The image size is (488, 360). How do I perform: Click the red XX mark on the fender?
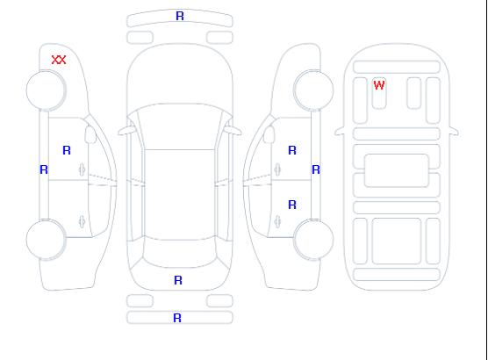click(59, 60)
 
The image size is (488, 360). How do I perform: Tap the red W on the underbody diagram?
click(379, 85)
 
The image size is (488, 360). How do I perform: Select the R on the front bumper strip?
click(180, 16)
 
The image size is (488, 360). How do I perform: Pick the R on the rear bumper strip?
click(177, 318)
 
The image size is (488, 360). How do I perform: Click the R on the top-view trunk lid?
click(178, 280)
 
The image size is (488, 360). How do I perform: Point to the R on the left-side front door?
click(67, 150)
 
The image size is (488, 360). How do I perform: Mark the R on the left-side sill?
click(44, 169)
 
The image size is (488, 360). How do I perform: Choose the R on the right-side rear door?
click(292, 205)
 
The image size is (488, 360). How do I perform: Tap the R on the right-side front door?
click(292, 150)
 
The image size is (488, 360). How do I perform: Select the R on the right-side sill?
click(316, 169)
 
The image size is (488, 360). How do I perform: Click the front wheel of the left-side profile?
click(46, 90)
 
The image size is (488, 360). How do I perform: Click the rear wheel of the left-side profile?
click(46, 240)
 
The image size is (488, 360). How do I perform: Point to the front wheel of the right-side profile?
click(313, 90)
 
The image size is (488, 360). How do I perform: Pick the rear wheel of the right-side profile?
click(313, 240)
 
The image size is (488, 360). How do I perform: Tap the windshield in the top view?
click(180, 126)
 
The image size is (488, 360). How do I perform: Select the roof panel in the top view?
click(180, 194)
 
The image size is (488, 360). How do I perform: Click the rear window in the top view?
click(180, 253)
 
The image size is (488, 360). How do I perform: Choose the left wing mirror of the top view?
click(126, 131)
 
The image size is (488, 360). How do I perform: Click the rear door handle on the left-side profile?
click(82, 221)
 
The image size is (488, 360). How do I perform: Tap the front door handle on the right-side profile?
click(277, 169)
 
